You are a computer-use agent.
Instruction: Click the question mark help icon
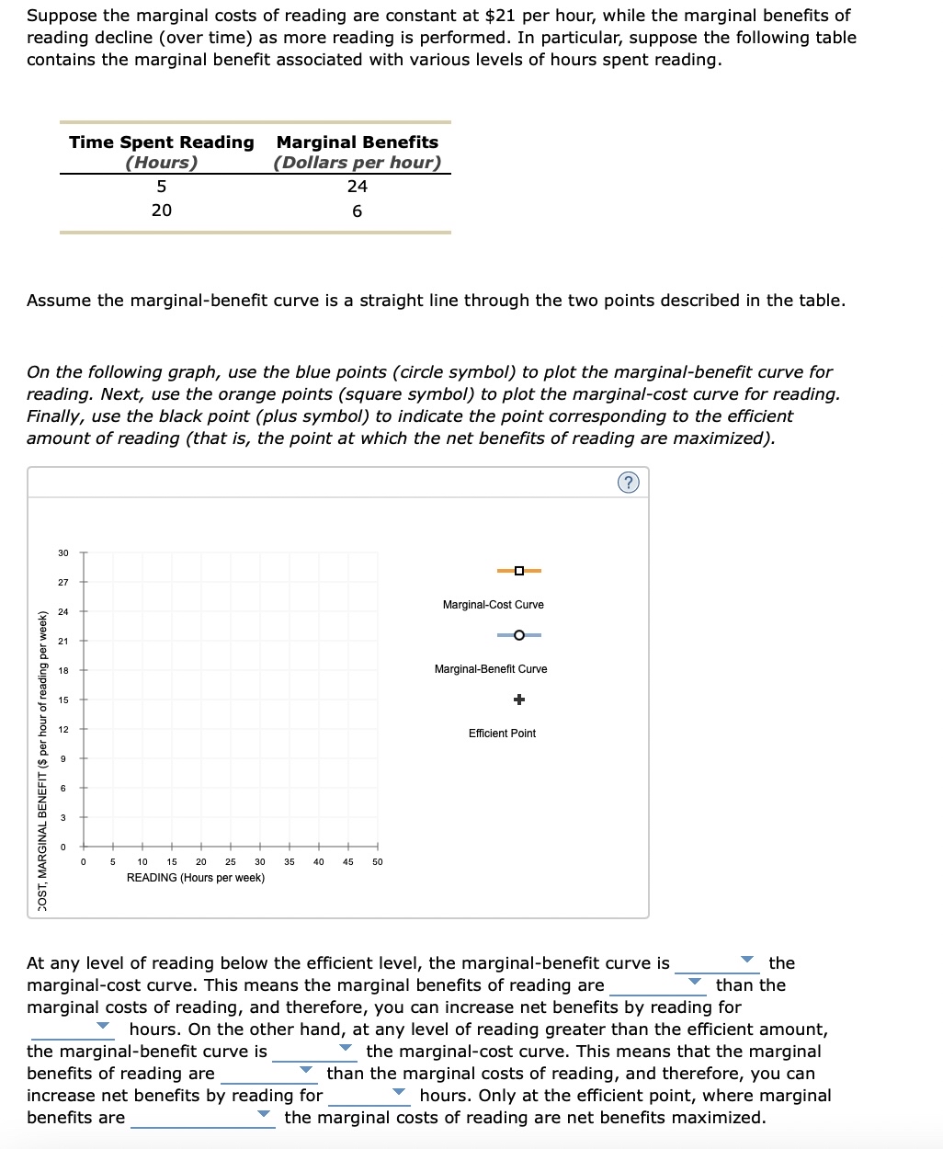(628, 483)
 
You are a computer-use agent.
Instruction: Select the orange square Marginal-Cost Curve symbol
(519, 571)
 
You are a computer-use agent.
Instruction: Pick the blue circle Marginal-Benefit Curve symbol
(519, 635)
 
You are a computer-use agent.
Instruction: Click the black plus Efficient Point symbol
(519, 700)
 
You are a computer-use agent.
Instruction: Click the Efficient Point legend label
(502, 734)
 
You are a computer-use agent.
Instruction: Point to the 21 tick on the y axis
(63, 641)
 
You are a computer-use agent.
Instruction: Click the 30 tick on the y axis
(63, 552)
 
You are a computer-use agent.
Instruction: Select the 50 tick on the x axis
(377, 862)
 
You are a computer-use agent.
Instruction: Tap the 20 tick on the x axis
(201, 862)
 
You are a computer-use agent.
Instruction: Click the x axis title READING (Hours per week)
(196, 878)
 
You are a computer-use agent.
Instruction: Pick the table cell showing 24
(358, 187)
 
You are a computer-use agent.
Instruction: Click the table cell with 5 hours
(162, 187)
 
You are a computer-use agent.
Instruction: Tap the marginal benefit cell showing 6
(358, 211)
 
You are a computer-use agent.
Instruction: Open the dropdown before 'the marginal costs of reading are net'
(202, 1117)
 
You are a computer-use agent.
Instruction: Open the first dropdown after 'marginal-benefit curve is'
(717, 962)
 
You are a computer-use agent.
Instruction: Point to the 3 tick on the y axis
(63, 817)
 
